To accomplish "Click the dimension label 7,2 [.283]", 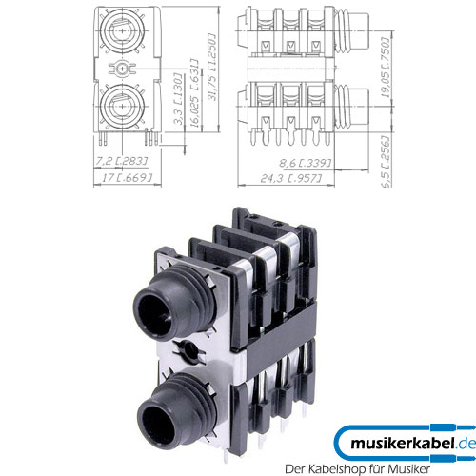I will click(x=123, y=163).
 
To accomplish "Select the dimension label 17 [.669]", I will click(x=125, y=180).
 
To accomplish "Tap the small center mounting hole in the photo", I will click(x=194, y=351).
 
